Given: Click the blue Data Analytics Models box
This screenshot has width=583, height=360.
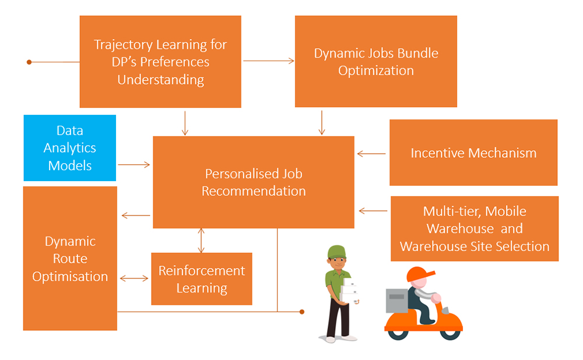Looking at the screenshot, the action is point(70,148).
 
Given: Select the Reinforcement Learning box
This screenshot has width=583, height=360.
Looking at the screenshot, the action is point(202,279).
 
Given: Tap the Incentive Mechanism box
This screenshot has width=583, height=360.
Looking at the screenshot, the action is point(473,153).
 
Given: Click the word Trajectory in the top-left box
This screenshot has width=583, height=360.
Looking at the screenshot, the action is point(122,45).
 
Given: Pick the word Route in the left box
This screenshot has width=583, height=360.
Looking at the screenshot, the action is point(70,259).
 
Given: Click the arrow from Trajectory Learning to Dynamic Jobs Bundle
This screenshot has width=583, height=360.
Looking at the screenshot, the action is point(268,61).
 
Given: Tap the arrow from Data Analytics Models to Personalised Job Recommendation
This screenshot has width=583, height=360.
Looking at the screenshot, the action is point(134,164).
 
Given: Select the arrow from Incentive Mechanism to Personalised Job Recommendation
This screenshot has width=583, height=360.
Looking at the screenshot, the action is point(371,153).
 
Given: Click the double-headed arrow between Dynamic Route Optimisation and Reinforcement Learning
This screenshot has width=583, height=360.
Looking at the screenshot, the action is point(134,278).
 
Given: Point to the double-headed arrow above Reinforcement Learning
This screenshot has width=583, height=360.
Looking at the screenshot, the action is point(201,241).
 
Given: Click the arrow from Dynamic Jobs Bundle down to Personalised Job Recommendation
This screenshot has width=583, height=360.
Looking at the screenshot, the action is point(322,122).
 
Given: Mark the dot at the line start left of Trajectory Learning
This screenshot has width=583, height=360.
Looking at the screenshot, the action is point(29,62).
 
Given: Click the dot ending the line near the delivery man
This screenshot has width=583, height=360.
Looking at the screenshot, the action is point(302,312).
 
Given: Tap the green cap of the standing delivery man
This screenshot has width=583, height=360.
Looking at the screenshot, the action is point(337,252).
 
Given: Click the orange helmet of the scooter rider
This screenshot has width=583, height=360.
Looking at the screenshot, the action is point(419,274).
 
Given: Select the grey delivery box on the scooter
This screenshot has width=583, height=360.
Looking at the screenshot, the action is point(396,301).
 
